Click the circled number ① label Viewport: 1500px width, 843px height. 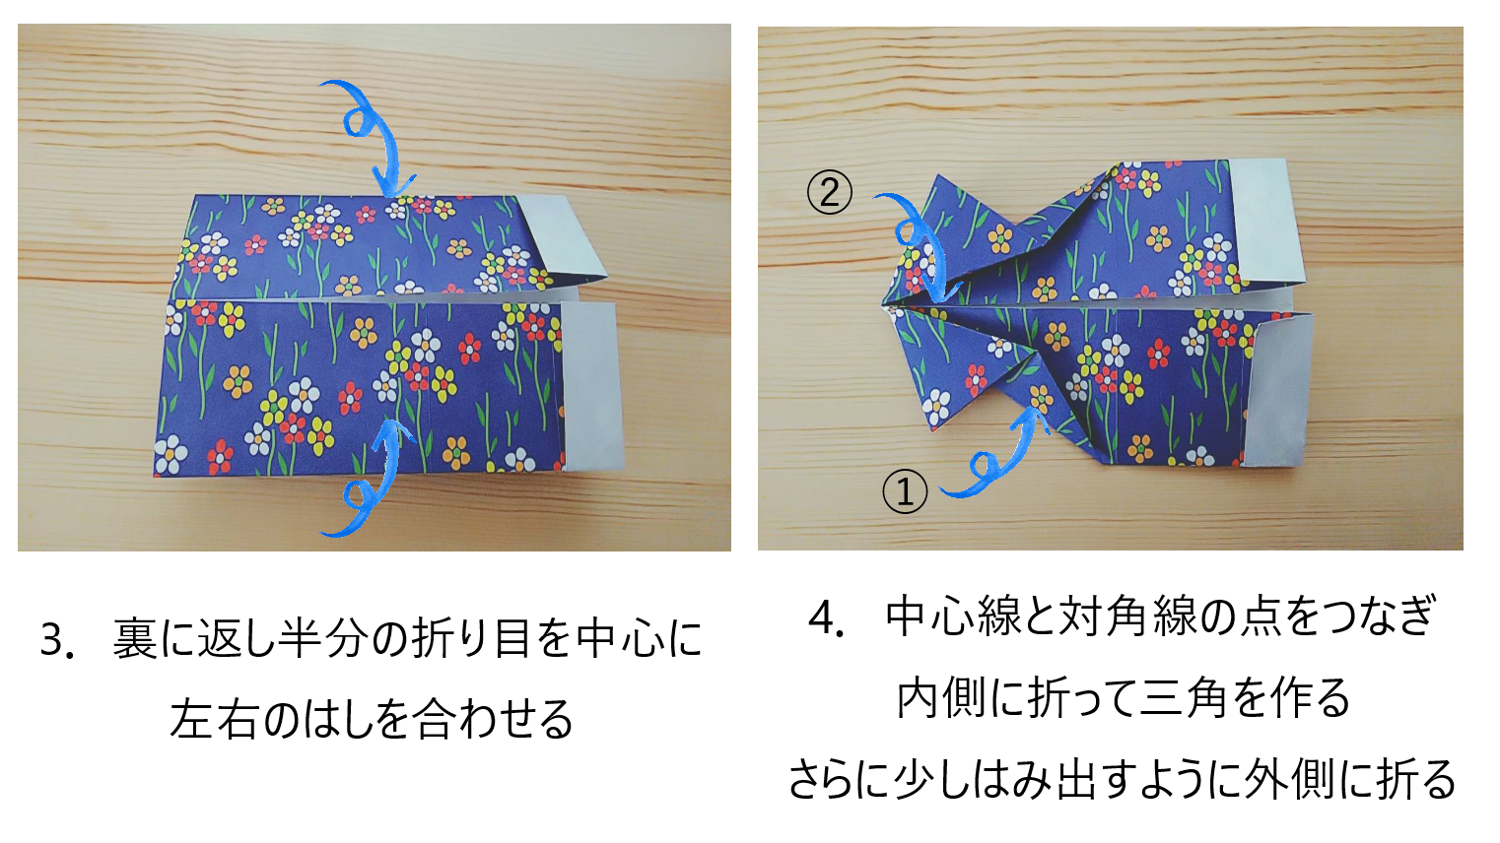pyautogui.click(x=905, y=491)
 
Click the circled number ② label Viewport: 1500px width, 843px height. pyautogui.click(x=830, y=192)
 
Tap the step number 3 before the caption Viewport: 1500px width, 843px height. pyautogui.click(x=52, y=640)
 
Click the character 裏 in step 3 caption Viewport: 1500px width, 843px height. pyautogui.click(x=135, y=639)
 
